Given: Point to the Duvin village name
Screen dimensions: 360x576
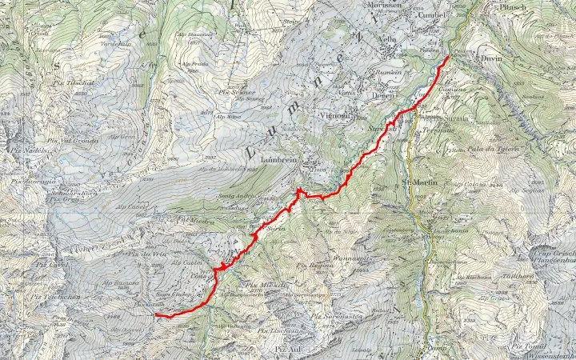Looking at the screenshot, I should tap(489, 58).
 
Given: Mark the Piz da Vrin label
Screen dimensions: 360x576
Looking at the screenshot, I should tap(148, 254).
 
